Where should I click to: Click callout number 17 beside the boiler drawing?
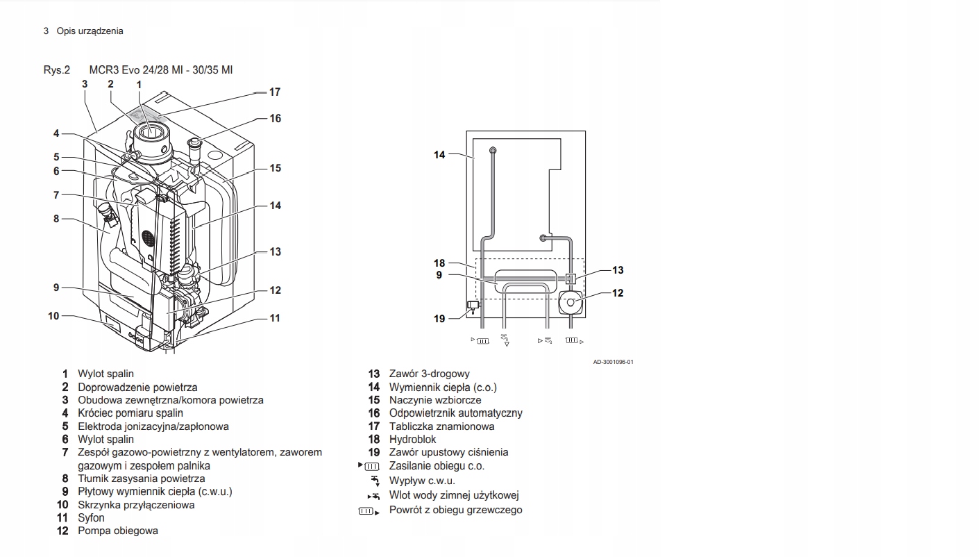275,92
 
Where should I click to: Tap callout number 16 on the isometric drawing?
275,119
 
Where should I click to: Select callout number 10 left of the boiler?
53,316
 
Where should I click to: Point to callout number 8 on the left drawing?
56,219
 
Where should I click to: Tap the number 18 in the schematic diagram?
439,263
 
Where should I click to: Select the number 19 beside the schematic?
439,319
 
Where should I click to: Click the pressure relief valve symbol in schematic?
473,305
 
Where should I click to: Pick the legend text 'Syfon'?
91,517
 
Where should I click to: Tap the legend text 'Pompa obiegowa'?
117,531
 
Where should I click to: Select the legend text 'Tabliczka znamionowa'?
441,426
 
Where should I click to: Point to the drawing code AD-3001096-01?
613,361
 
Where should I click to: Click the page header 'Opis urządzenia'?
90,31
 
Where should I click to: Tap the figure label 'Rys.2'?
57,69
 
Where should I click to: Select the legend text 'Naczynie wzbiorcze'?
434,400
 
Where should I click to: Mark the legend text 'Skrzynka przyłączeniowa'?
136,505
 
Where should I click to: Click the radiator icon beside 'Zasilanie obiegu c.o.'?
372,466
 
